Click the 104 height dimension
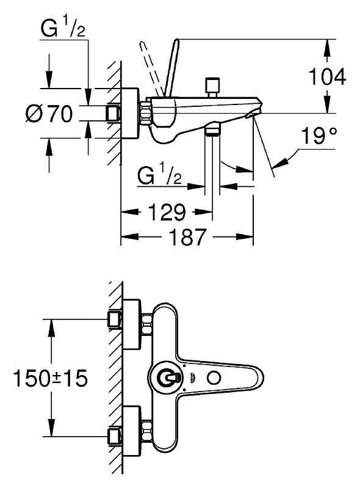[x=327, y=76]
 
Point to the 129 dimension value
[x=167, y=212]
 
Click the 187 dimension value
[x=188, y=236]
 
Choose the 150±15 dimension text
[x=51, y=378]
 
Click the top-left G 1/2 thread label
[x=63, y=27]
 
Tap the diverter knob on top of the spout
[x=212, y=88]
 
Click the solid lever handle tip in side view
[x=176, y=40]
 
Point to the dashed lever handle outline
[x=151, y=68]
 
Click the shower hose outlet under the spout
[x=212, y=129]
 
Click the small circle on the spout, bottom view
[x=214, y=378]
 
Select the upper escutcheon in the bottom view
[x=132, y=324]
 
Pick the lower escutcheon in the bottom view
[x=132, y=430]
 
